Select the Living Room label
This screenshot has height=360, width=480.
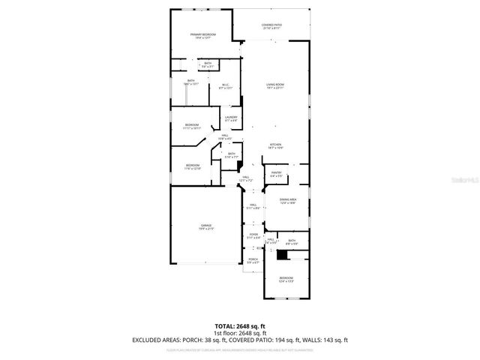(x=276, y=85)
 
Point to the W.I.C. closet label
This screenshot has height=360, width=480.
(x=223, y=86)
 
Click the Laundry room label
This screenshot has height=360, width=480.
(x=231, y=118)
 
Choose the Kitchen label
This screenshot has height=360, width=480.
(x=276, y=146)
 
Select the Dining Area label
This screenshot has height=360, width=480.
(x=288, y=200)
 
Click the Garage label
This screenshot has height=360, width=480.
(x=205, y=227)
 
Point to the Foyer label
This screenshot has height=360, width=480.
(x=254, y=236)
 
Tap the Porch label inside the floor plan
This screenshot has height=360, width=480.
(x=253, y=261)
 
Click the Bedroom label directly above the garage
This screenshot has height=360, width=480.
(x=193, y=166)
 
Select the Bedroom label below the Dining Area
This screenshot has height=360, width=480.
(x=286, y=279)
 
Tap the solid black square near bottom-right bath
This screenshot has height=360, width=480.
(x=282, y=255)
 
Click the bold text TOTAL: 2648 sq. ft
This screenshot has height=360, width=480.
(x=239, y=326)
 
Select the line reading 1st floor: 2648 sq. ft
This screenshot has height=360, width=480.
(x=239, y=333)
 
